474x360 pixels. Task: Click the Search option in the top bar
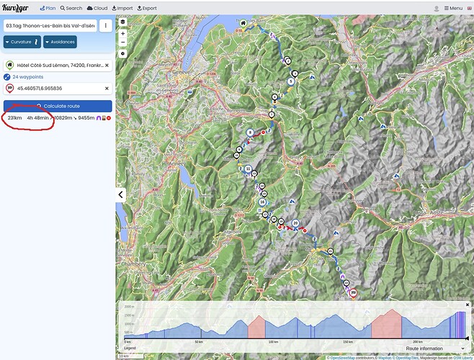tap(71, 8)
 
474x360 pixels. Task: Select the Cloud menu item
tap(97, 8)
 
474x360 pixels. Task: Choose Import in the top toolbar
tap(122, 8)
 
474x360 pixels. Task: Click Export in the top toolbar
tap(147, 8)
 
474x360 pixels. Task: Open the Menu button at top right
tap(452, 8)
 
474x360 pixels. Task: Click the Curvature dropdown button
tap(21, 42)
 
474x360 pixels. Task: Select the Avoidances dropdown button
tap(60, 42)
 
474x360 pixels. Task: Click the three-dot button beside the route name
tap(105, 25)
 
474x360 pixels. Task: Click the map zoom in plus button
tap(122, 33)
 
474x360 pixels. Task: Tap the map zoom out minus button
tap(122, 42)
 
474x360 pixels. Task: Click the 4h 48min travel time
tap(38, 117)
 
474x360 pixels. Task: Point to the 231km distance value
tap(14, 117)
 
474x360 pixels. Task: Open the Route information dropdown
tap(434, 348)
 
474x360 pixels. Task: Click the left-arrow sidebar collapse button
tap(121, 194)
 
